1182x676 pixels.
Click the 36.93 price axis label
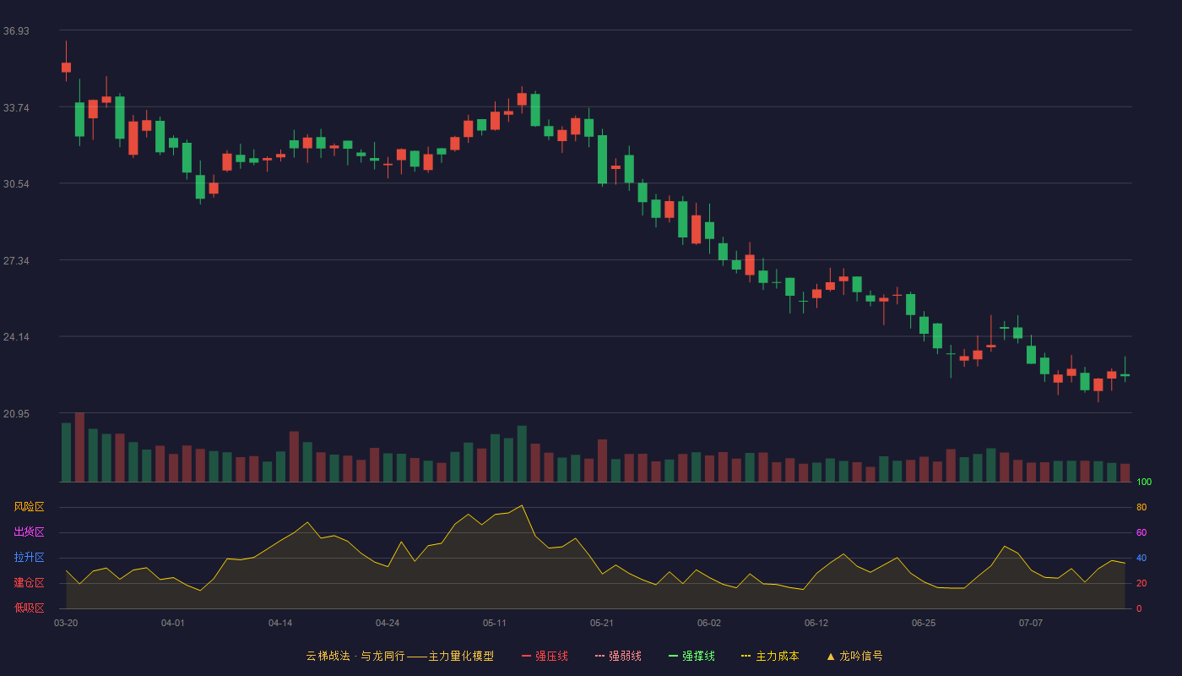click(16, 31)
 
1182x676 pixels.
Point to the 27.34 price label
click(16, 261)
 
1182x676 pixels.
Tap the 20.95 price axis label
click(16, 414)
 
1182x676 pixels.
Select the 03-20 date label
click(66, 624)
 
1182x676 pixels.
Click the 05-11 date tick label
click(495, 624)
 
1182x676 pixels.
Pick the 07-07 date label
click(1031, 624)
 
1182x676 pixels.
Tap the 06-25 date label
click(924, 624)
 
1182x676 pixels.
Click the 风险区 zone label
click(29, 507)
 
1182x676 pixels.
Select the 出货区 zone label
click(29, 532)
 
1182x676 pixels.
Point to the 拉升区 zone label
click(29, 557)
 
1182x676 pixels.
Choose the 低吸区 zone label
click(29, 608)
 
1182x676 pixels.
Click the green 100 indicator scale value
click(1144, 482)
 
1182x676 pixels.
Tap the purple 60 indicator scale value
click(1141, 532)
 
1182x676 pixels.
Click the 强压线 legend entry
click(545, 656)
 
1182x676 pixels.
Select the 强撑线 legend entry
click(691, 656)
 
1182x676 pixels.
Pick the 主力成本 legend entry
click(770, 656)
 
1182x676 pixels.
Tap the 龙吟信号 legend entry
click(854, 656)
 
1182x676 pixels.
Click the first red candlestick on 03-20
click(66, 67)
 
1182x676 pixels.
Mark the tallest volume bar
click(79, 447)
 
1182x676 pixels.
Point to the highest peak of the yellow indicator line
click(522, 505)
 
